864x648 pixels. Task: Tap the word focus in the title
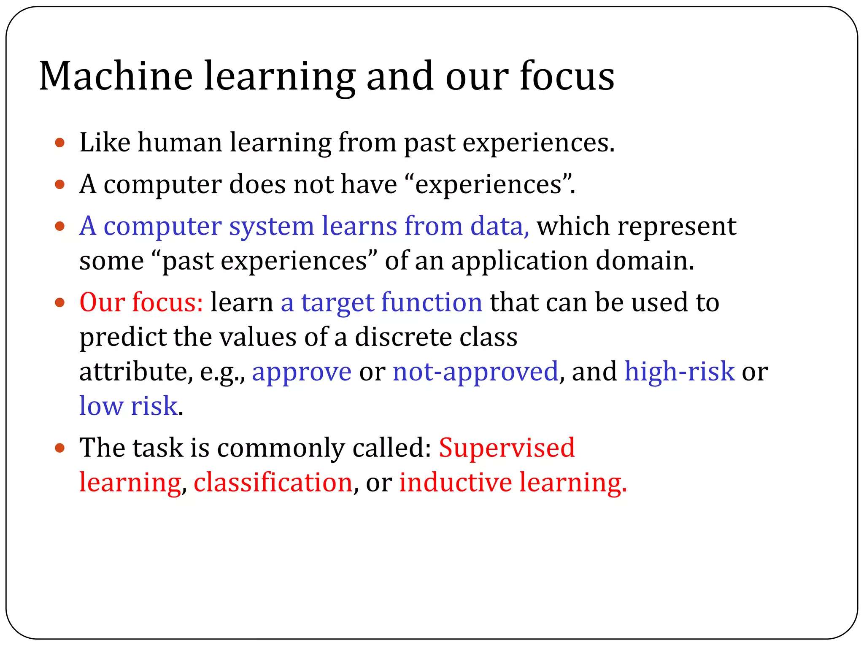[x=567, y=76]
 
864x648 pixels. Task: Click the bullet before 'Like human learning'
[x=60, y=143]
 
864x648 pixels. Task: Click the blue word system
[x=271, y=227]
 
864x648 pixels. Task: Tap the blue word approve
[x=302, y=372]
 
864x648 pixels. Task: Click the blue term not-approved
[x=475, y=372]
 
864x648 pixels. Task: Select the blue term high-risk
[x=679, y=372]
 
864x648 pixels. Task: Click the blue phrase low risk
[x=128, y=406]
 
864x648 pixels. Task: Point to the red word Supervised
[x=507, y=448]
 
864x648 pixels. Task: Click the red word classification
[x=273, y=483]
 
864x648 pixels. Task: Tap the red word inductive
[x=455, y=483]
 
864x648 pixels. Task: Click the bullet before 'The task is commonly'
[x=60, y=448]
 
